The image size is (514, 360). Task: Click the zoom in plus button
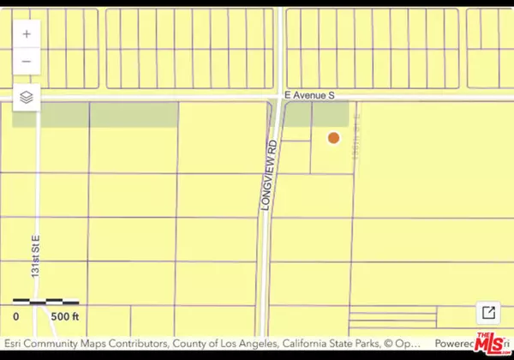(x=27, y=34)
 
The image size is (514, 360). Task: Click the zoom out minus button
(x=27, y=62)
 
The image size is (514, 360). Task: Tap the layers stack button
(x=27, y=98)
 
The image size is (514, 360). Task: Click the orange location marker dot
(x=333, y=137)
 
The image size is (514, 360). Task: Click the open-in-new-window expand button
(x=488, y=312)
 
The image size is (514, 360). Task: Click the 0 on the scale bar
(x=16, y=317)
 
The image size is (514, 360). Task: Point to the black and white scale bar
(x=45, y=302)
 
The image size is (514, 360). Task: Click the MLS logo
(x=488, y=342)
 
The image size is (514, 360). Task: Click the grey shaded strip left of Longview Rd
(x=94, y=114)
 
